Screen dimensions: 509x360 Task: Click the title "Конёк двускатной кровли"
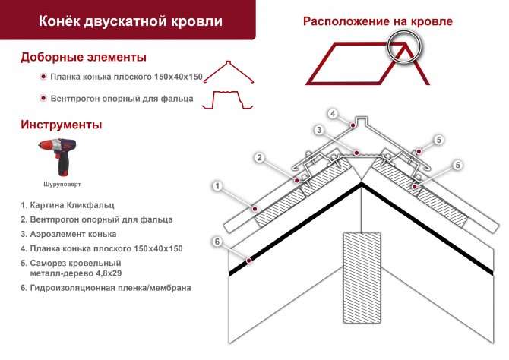pos(131,21)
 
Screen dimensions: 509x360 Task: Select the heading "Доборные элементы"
pos(84,57)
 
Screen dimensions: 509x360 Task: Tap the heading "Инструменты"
pos(62,125)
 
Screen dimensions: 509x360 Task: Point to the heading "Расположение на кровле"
pos(378,21)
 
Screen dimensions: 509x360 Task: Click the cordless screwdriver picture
pos(58,157)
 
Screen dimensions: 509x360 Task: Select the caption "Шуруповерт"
pos(62,184)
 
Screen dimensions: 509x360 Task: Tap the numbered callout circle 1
pos(217,186)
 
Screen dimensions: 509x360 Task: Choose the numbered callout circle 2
pos(259,158)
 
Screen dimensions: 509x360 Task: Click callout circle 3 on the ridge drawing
pos(319,130)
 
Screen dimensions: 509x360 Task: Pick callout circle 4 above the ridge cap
pos(333,114)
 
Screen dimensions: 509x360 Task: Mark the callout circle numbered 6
pos(217,242)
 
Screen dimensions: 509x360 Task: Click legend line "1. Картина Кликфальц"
pos(68,205)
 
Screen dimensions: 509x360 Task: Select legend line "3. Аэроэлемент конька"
pos(68,234)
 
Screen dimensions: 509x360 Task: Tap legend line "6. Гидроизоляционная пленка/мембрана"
pos(106,288)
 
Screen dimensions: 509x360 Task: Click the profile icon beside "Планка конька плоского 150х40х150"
pos(229,72)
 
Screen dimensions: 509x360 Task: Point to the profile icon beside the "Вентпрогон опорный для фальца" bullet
pos(228,100)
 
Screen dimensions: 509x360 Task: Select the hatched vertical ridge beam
pos(362,278)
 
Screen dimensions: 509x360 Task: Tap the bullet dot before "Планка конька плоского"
pos(43,77)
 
